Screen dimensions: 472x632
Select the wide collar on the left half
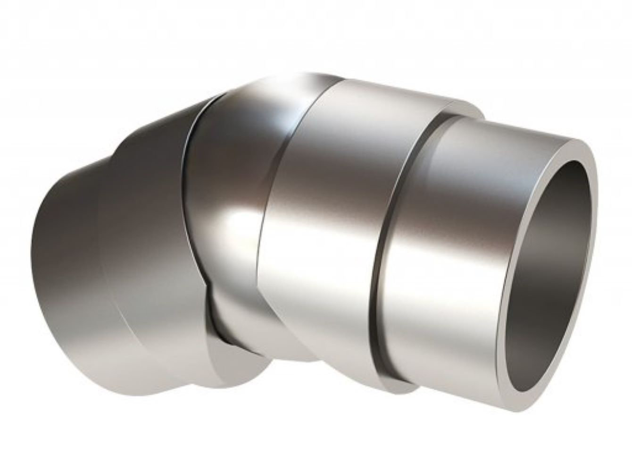pyautogui.click(x=141, y=236)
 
